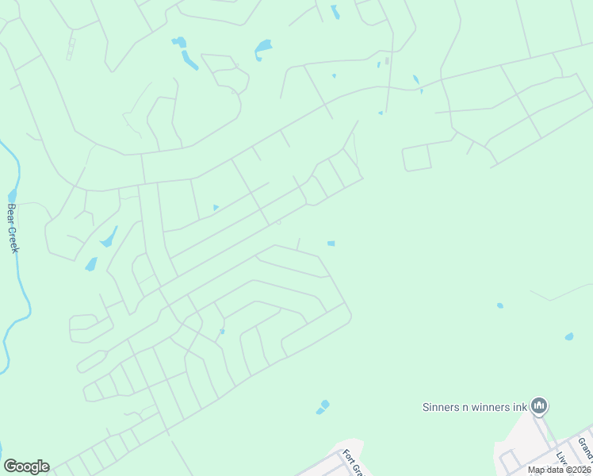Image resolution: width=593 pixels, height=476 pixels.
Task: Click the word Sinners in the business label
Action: (x=439, y=407)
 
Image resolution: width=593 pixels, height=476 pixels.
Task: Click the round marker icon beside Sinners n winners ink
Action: (x=540, y=406)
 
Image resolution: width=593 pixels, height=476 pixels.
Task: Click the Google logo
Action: (x=26, y=466)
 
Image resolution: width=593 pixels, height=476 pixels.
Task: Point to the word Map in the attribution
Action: (x=536, y=470)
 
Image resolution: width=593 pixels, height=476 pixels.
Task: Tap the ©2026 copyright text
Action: (x=579, y=470)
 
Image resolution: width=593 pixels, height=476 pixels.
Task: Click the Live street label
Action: (x=563, y=460)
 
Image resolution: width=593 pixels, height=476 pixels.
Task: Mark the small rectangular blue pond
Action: (x=331, y=244)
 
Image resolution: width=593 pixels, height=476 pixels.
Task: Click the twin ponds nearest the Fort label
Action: (x=323, y=407)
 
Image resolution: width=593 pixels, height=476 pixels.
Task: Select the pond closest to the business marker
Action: (x=568, y=336)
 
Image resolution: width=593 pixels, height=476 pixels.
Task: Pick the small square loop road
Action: (x=416, y=158)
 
